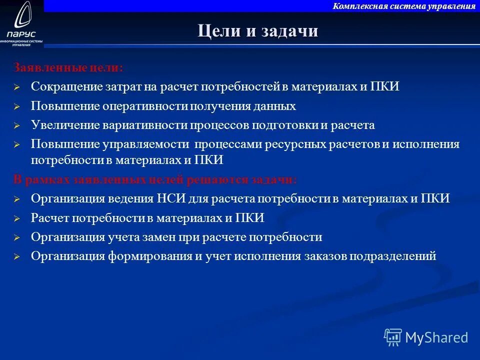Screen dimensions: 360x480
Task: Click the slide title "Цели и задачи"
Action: (257, 31)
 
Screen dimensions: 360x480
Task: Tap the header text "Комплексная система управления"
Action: (404, 6)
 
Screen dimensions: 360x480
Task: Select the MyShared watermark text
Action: (436, 337)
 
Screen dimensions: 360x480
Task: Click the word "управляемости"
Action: (146, 144)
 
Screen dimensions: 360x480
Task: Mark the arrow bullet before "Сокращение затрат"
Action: (16, 87)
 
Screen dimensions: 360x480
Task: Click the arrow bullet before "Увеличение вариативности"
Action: (16, 125)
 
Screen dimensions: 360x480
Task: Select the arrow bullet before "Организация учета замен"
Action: (16, 237)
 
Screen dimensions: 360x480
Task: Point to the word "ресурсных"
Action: (304, 144)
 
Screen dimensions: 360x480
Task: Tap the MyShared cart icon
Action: (392, 337)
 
